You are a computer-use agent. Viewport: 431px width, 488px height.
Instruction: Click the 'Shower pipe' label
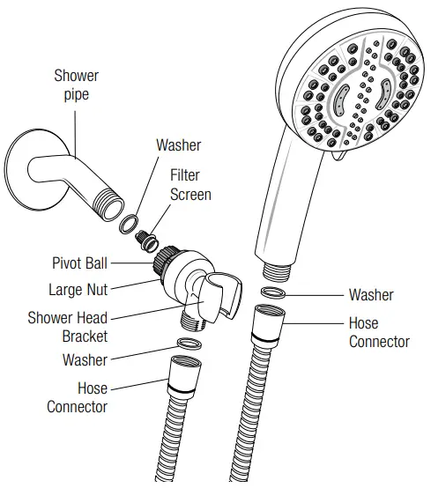[x=77, y=85]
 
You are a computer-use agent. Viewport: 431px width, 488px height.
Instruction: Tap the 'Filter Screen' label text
[x=190, y=185]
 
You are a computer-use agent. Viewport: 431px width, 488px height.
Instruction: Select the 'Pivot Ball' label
[x=79, y=263]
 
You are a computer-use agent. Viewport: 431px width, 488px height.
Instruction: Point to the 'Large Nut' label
[x=78, y=290]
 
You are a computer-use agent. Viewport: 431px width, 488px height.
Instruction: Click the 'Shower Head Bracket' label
[x=68, y=327]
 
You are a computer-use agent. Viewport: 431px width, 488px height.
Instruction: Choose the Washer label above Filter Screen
[x=178, y=145]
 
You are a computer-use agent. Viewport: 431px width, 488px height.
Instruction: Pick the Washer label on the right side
[x=371, y=295]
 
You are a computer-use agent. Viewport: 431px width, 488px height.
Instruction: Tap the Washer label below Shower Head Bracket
[x=85, y=359]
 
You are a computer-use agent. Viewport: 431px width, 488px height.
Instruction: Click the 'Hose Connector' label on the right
[x=379, y=332]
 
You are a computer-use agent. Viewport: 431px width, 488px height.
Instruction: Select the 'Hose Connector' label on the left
[x=78, y=397]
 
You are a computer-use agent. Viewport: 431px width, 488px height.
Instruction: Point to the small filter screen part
[x=146, y=240]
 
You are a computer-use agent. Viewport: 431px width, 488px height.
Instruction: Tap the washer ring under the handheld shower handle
[x=273, y=292]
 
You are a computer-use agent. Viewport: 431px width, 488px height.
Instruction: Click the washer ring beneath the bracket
[x=189, y=344]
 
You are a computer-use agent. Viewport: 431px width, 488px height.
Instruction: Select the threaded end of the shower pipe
[x=109, y=204]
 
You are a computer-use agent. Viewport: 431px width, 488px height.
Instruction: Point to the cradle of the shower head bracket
[x=224, y=294]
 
